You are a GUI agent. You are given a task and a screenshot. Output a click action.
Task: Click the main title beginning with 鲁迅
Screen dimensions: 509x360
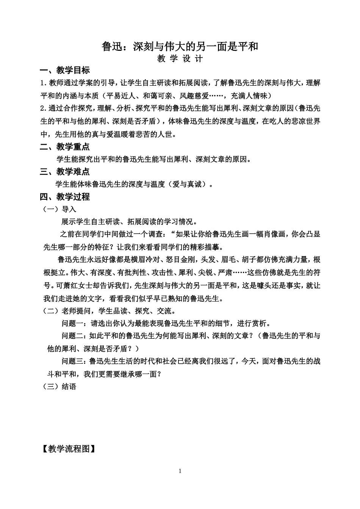point(180,47)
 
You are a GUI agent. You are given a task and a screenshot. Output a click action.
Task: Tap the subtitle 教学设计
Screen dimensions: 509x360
point(180,59)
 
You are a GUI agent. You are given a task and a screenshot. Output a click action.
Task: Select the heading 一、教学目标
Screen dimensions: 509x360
point(65,71)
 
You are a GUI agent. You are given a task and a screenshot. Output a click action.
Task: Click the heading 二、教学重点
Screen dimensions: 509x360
point(65,147)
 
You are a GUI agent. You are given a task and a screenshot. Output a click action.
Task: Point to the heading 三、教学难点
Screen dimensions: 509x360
point(65,172)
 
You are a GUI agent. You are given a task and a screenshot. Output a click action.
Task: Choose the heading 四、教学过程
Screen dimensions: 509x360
point(65,197)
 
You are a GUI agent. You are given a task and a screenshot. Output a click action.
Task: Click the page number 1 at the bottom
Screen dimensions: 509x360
point(180,471)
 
